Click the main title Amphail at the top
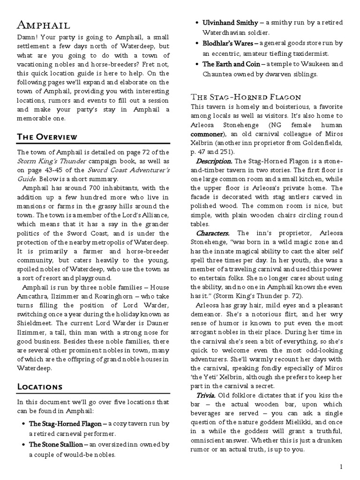(x=45, y=25)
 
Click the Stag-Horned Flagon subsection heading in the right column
(x=245, y=97)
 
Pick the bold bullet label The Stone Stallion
(x=56, y=444)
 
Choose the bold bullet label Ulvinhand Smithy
(x=230, y=22)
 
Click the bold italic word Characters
(x=212, y=233)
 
